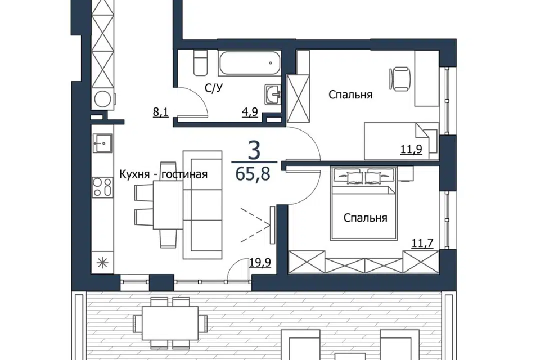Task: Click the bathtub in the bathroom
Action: (x=249, y=63)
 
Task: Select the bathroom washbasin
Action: (x=273, y=94)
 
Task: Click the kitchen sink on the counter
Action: (x=102, y=143)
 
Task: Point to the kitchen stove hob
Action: (x=102, y=187)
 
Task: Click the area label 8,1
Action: (x=160, y=112)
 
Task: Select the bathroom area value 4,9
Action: (x=250, y=112)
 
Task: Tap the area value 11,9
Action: (x=411, y=149)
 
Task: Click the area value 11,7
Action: (x=422, y=244)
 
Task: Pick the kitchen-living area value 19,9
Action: (x=260, y=263)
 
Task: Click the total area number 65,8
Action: (x=253, y=174)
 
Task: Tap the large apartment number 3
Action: (x=254, y=151)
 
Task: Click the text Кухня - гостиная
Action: (x=163, y=174)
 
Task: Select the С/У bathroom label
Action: (x=214, y=88)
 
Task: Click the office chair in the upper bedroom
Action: (x=400, y=79)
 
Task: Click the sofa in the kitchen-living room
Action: (x=202, y=205)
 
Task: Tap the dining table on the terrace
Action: (x=170, y=323)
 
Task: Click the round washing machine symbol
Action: (x=102, y=99)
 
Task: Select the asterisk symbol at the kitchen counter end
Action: (x=102, y=263)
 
